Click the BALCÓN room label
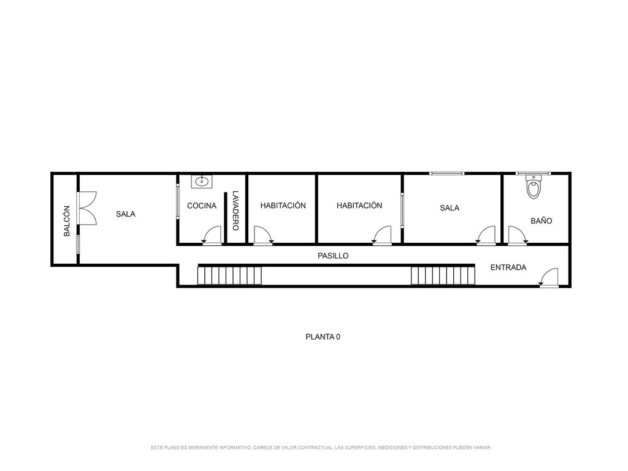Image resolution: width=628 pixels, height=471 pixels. click(x=67, y=221)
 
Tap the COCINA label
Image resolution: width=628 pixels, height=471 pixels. click(x=201, y=206)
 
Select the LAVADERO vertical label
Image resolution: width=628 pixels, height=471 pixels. click(x=235, y=211)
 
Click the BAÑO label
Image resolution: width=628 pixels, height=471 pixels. click(x=541, y=221)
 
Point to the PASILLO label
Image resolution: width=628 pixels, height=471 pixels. click(x=333, y=256)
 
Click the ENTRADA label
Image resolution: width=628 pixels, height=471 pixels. click(x=508, y=267)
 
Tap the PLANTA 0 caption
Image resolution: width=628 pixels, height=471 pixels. click(x=323, y=337)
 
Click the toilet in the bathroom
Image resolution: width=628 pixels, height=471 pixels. click(x=533, y=187)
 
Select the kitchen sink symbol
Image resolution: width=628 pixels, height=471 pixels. click(x=201, y=182)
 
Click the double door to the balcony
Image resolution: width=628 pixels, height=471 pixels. click(x=86, y=209)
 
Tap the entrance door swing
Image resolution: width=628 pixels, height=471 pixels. click(x=549, y=277)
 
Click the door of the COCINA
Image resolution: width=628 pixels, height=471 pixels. click(x=212, y=235)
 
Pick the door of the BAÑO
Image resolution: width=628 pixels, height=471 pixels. click(x=518, y=235)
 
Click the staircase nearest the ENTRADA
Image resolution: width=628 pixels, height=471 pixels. click(x=443, y=275)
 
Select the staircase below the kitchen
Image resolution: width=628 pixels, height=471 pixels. click(x=229, y=275)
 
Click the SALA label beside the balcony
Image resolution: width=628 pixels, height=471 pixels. click(x=125, y=214)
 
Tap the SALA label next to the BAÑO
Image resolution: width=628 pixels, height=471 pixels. click(x=450, y=208)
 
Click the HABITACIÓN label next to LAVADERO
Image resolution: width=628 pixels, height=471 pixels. click(x=283, y=205)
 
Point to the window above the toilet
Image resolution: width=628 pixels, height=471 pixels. click(x=533, y=174)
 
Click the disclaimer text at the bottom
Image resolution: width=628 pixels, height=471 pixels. click(x=321, y=447)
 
